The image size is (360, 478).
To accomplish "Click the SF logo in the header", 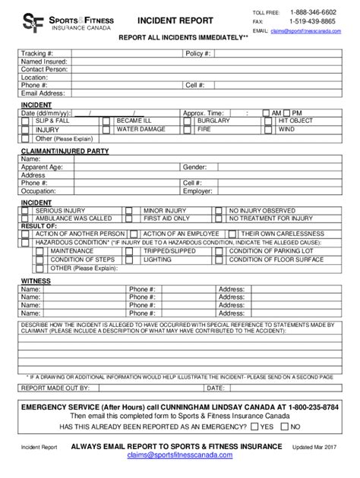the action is pyautogui.click(x=31, y=22).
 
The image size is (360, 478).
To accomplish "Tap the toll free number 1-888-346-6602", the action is pyautogui.click(x=313, y=13).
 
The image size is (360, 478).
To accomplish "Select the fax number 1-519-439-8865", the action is pyautogui.click(x=313, y=22).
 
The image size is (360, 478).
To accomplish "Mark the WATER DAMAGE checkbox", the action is pyautogui.click(x=106, y=130).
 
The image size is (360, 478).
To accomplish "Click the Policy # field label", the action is pyautogui.click(x=194, y=53).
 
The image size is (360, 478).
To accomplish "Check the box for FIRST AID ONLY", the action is pyautogui.click(x=129, y=218).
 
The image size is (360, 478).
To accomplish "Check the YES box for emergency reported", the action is pyautogui.click(x=255, y=426).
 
